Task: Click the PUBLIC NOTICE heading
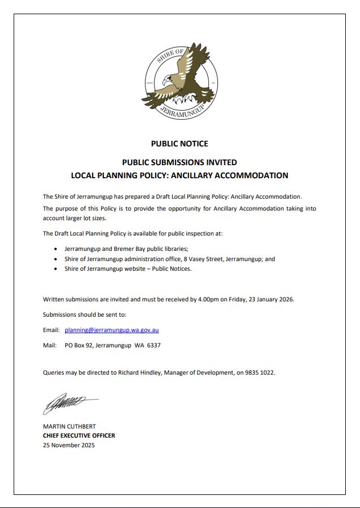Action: point(179,144)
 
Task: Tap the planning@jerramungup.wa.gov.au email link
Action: point(111,330)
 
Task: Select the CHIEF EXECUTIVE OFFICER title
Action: point(79,436)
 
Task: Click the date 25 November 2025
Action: point(69,445)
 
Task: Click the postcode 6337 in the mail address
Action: point(153,345)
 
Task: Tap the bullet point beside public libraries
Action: point(55,249)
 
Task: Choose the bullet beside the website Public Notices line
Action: point(55,269)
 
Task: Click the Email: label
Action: point(51,330)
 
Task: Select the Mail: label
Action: point(49,345)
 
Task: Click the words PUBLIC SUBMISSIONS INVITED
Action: point(179,162)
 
